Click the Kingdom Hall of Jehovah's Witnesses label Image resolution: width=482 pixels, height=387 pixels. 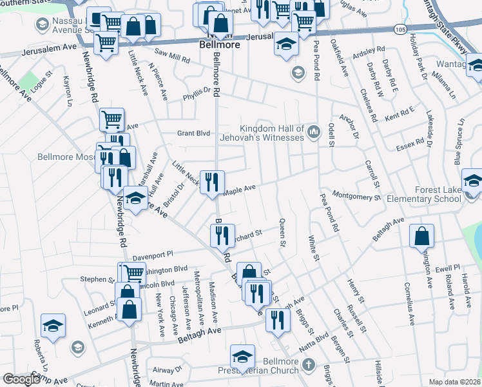click(x=271, y=132)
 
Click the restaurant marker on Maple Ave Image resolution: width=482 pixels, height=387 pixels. click(x=212, y=183)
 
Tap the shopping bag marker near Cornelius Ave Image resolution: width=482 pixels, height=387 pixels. click(x=421, y=237)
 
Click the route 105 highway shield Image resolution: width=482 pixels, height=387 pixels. click(x=400, y=29)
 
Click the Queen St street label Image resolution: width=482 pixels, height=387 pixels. click(x=282, y=232)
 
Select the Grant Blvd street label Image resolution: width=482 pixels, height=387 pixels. click(x=195, y=134)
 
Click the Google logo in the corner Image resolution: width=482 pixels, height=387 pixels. click(x=21, y=379)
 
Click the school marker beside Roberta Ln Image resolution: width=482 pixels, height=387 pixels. click(x=53, y=325)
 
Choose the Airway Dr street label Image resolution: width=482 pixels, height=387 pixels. click(x=168, y=370)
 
